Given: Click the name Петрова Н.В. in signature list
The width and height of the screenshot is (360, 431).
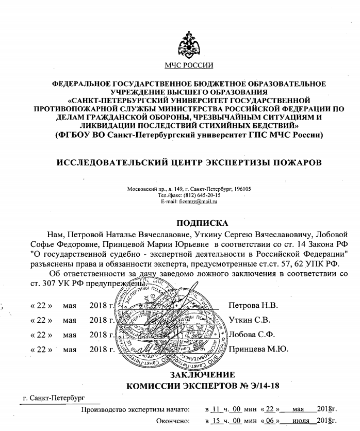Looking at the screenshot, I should pyautogui.click(x=253, y=305).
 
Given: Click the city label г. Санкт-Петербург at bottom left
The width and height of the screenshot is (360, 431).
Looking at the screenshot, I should pyautogui.click(x=54, y=399).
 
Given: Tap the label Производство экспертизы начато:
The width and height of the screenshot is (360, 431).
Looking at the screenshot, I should pyautogui.click(x=135, y=410).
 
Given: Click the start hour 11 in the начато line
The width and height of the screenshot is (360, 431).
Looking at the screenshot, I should pyautogui.click(x=216, y=410).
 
